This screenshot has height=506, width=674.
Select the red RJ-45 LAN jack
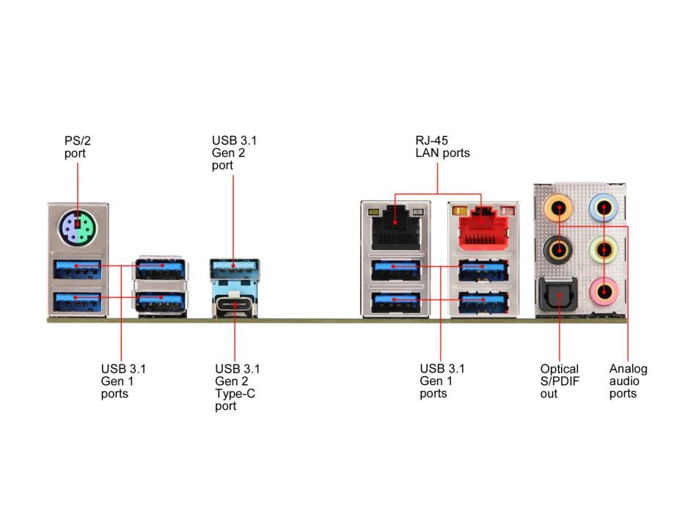[x=480, y=227]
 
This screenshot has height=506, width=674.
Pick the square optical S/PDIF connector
[x=559, y=297]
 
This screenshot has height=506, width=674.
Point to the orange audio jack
[x=559, y=209]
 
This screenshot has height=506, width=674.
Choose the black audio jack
[x=559, y=250]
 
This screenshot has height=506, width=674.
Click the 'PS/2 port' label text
[x=74, y=147]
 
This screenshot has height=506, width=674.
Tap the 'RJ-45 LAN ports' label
[x=442, y=147]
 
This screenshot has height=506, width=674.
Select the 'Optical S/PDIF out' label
[x=559, y=381]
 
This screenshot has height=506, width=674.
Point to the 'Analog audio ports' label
[x=628, y=381]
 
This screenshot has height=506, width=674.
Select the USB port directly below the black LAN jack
[x=396, y=270]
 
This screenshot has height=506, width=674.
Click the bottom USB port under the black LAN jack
[x=396, y=301]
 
